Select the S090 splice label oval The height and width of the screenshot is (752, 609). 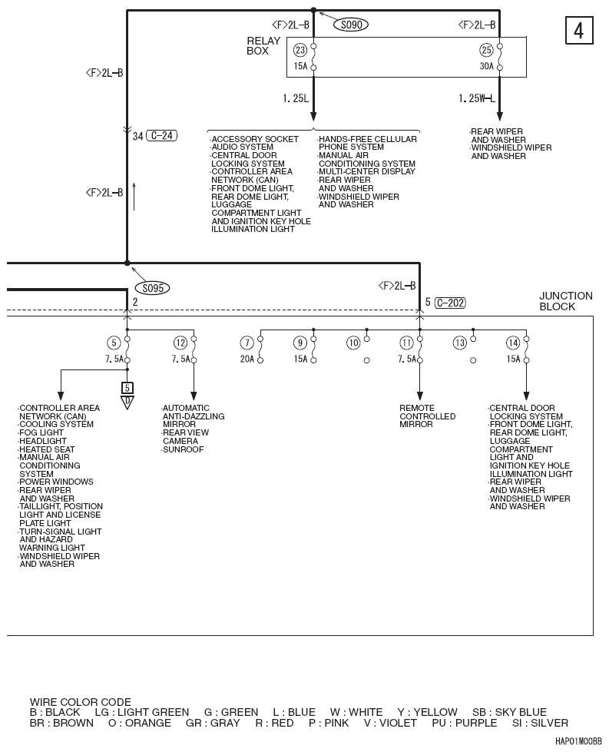[350, 25]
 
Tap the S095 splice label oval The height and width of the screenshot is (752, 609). [151, 288]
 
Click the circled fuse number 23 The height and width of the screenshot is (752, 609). [300, 50]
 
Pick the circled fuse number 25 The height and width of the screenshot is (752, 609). [486, 50]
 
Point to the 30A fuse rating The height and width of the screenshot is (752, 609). [486, 67]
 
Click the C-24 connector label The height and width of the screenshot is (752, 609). [161, 136]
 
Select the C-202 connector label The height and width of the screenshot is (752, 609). [449, 303]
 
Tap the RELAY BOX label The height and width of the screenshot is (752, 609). [257, 46]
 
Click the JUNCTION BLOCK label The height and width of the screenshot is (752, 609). [565, 300]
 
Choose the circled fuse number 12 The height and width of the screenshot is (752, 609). [180, 343]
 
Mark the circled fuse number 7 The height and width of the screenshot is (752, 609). [247, 343]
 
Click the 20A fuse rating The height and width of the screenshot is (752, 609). [247, 359]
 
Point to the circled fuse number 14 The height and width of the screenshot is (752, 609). [513, 343]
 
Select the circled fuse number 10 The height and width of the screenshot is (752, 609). [353, 343]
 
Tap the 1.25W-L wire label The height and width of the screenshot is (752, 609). [476, 98]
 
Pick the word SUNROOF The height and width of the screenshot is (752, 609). [184, 449]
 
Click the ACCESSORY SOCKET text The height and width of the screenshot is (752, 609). [255, 139]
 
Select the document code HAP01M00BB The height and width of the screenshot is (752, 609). [578, 743]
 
